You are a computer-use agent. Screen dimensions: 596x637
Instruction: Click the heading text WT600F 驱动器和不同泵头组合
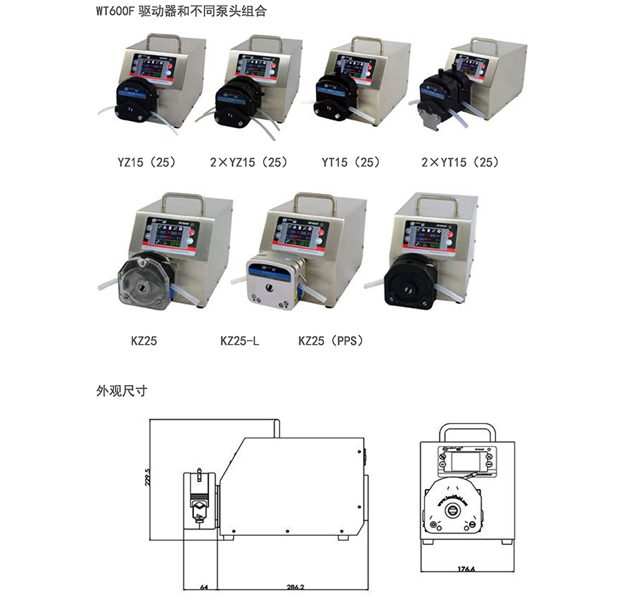(x=180, y=12)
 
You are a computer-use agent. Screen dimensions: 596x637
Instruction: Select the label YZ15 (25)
(x=147, y=162)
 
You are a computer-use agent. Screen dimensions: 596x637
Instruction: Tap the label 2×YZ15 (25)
(x=248, y=162)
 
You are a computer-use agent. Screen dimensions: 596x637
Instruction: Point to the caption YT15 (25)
(x=350, y=162)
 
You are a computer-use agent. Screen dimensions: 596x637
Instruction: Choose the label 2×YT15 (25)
(x=459, y=162)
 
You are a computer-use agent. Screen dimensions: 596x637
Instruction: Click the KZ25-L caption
(x=240, y=341)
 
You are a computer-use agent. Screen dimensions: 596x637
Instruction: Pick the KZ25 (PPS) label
(x=331, y=341)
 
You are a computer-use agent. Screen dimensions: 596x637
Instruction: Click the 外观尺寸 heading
(x=121, y=390)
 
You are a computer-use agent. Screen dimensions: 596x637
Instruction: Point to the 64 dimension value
(x=204, y=587)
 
